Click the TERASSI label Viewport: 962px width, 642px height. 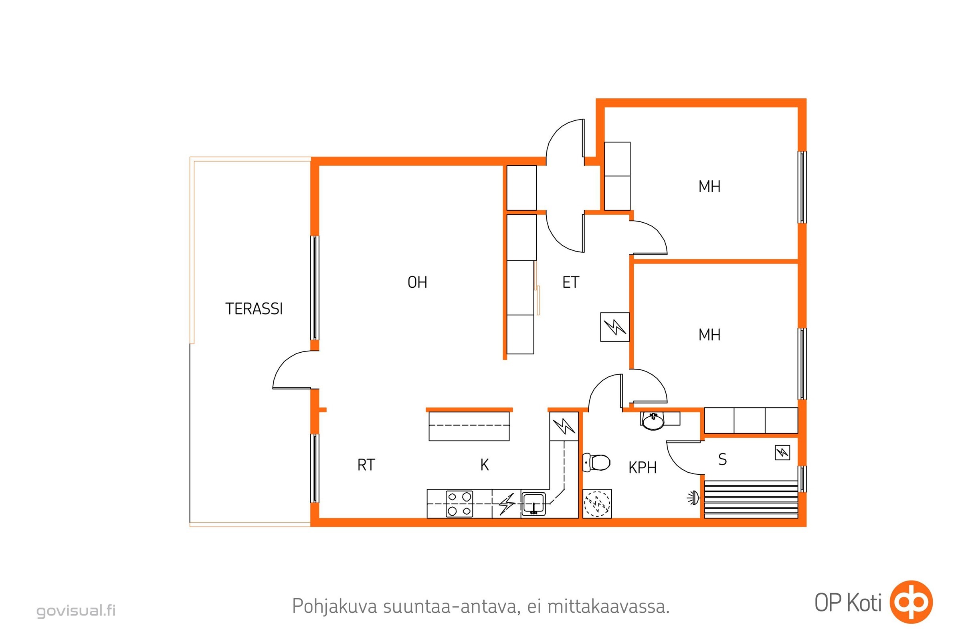click(x=254, y=309)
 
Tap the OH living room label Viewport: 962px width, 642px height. click(x=417, y=282)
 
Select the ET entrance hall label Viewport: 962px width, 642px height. click(x=570, y=282)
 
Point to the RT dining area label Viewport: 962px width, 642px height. click(x=366, y=465)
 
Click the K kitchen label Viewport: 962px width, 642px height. click(x=485, y=465)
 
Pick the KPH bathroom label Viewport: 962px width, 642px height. click(x=643, y=467)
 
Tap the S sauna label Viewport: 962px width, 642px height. click(x=723, y=459)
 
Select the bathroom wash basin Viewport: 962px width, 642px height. click(x=654, y=421)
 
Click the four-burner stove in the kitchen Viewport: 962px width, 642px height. click(x=459, y=504)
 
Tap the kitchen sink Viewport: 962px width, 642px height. click(x=534, y=504)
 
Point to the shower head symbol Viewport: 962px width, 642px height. click(x=693, y=498)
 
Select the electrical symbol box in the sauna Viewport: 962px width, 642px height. click(x=782, y=453)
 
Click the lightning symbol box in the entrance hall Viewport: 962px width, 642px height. click(x=615, y=327)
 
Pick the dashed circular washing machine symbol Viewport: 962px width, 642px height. click(x=597, y=504)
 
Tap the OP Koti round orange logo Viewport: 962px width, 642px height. click(x=911, y=602)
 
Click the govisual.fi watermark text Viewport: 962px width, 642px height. click(x=76, y=610)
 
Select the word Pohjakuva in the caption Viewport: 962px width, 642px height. click(x=335, y=606)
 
